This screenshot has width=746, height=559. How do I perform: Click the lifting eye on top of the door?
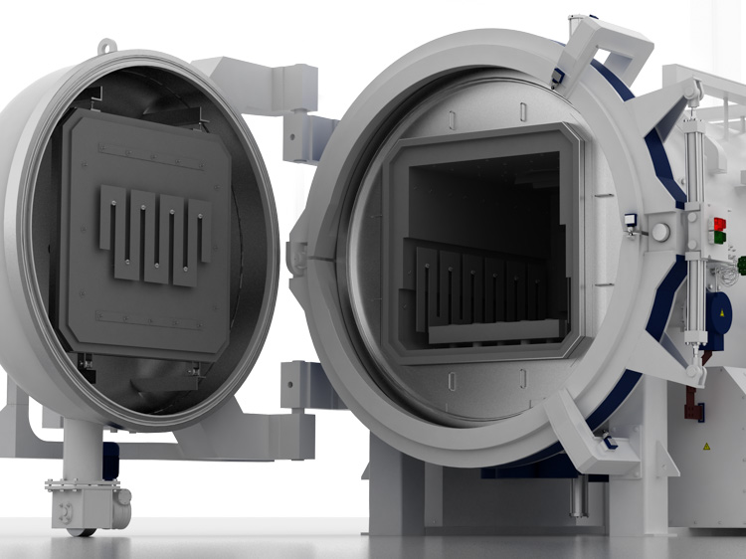(x=108, y=47)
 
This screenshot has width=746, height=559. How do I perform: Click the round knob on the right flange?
(x=660, y=231)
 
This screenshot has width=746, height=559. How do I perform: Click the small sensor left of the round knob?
(x=630, y=220)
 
